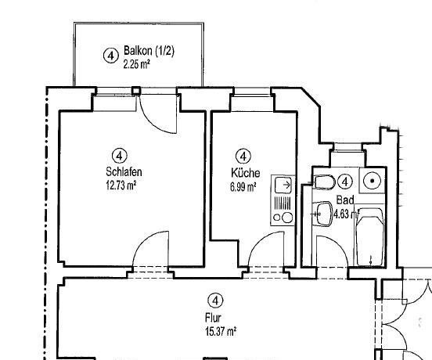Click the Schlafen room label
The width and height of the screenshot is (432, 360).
pyautogui.click(x=124, y=172)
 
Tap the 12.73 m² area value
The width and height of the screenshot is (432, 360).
pyautogui.click(x=121, y=185)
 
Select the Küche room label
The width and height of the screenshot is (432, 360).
pyautogui.click(x=245, y=173)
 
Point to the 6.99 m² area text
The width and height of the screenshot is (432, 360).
pyautogui.click(x=243, y=187)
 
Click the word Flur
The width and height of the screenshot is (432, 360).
pyautogui.click(x=213, y=318)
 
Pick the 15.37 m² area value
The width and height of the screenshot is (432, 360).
pyautogui.click(x=221, y=331)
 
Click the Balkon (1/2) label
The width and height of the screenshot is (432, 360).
pyautogui.click(x=149, y=51)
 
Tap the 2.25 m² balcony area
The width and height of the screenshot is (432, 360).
pyautogui.click(x=137, y=64)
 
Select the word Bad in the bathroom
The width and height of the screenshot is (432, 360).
pyautogui.click(x=345, y=200)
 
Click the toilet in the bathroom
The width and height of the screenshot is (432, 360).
pyautogui.click(x=324, y=182)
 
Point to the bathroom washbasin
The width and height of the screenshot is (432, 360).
pyautogui.click(x=324, y=214)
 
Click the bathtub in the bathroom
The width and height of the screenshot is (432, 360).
pyautogui.click(x=370, y=237)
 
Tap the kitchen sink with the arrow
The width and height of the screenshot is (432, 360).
pyautogui.click(x=283, y=185)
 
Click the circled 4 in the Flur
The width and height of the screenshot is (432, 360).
pyautogui.click(x=216, y=301)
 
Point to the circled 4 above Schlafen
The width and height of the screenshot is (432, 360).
pyautogui.click(x=119, y=157)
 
